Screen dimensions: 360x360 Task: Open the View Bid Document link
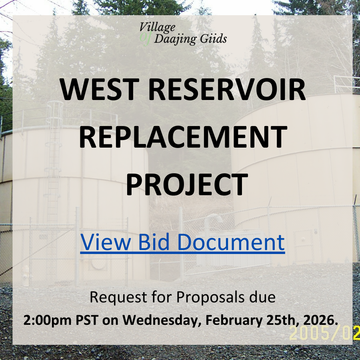182,242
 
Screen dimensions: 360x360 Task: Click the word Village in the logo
157,27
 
